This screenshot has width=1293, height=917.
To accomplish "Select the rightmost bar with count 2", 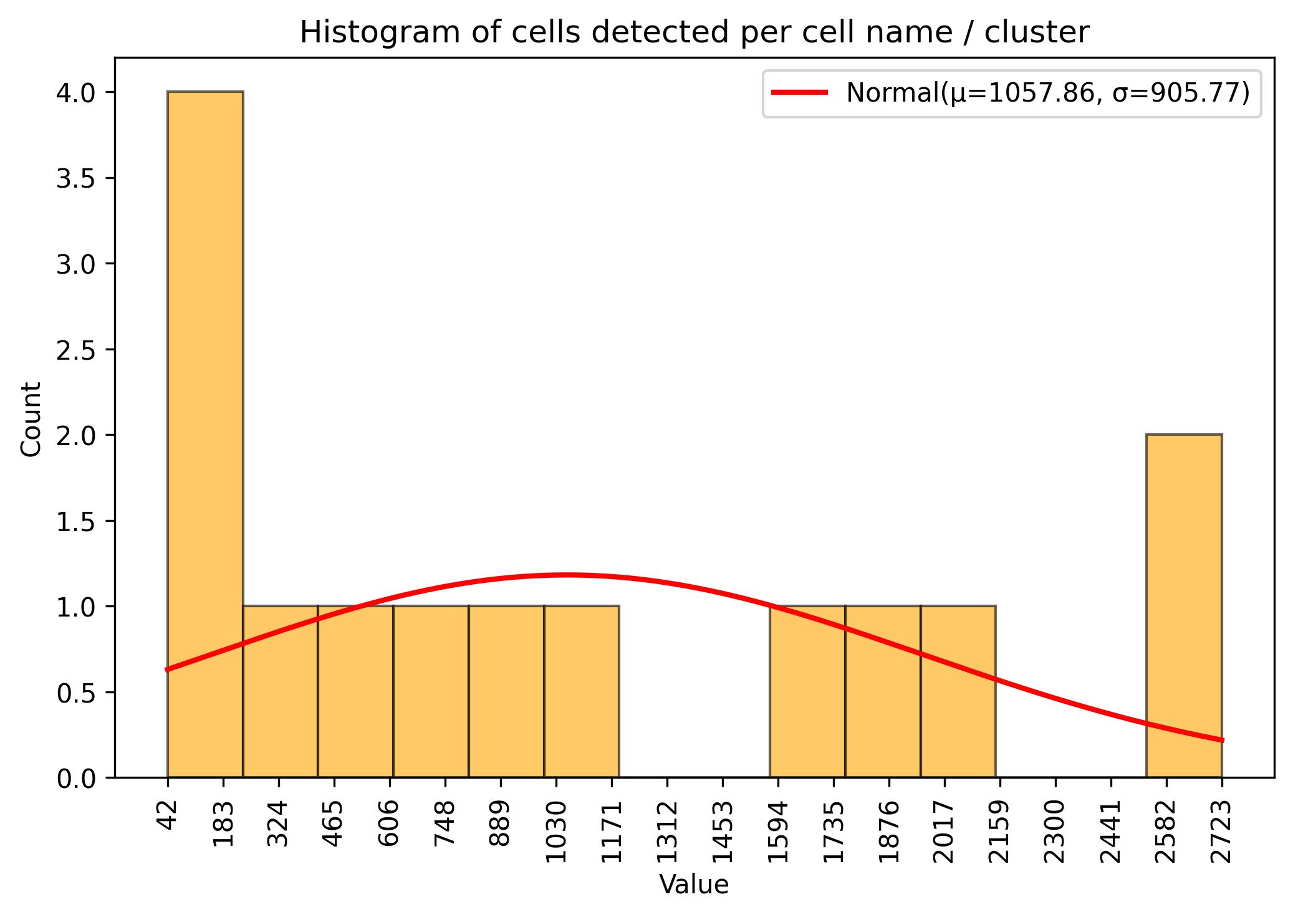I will [x=1183, y=605].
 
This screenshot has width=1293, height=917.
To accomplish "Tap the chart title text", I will [x=695, y=32].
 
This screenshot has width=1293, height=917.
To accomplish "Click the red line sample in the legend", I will [x=799, y=93].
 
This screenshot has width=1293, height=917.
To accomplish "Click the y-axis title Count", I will [x=31, y=419].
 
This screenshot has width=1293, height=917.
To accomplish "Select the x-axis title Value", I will [x=694, y=885].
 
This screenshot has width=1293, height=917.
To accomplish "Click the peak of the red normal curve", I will [x=566, y=575].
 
